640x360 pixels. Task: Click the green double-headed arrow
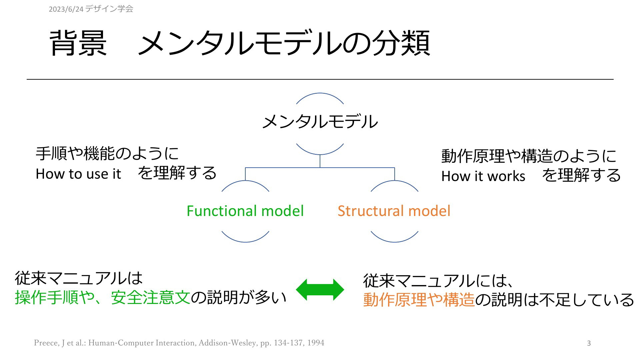320,290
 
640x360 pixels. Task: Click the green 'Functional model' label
245,211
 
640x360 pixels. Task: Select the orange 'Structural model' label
394,211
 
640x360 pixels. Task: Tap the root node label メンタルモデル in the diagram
320,121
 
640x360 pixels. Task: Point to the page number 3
589,343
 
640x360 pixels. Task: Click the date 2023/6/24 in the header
66,9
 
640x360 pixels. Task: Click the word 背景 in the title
78,43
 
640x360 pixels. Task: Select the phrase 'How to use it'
78,174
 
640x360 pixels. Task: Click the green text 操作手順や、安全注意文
103,297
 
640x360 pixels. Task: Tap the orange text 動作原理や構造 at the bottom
419,300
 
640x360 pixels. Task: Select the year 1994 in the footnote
316,343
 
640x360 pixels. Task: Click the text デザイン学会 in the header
109,9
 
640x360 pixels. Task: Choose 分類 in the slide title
401,43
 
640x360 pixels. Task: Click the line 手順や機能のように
107,154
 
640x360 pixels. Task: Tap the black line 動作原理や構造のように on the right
529,156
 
